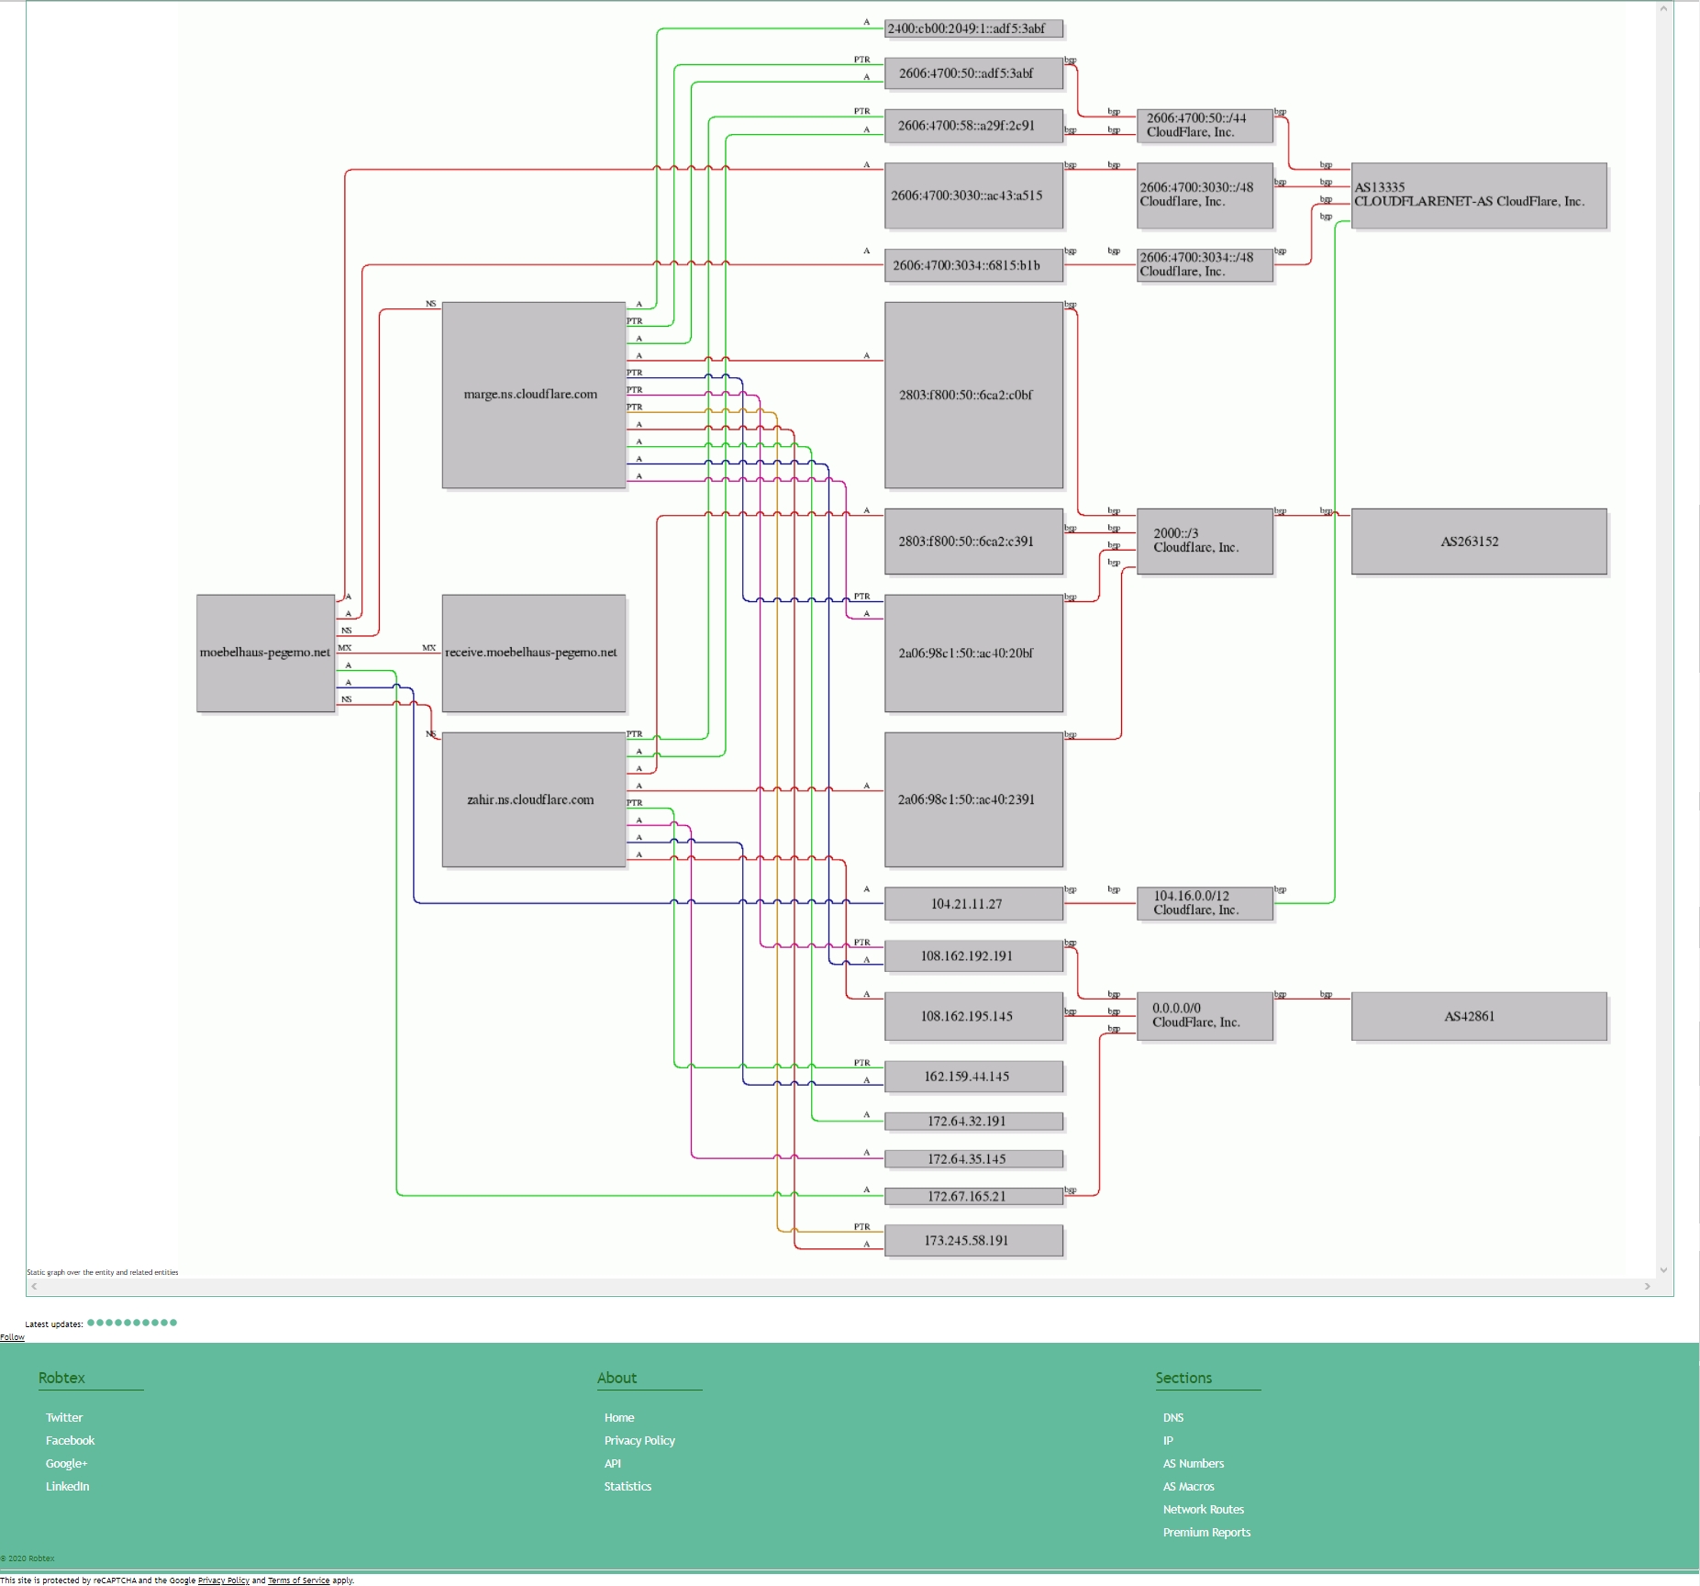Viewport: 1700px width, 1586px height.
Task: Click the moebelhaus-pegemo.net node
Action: (265, 653)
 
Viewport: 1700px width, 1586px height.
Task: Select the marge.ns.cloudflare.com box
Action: (533, 395)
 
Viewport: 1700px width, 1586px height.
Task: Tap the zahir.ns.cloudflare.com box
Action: (533, 799)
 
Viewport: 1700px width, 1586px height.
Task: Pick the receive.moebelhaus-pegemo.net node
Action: (533, 653)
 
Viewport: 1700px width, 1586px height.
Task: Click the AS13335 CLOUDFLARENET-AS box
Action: (1478, 195)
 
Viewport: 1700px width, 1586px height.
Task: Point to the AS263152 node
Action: (1478, 542)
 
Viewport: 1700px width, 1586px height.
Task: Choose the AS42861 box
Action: (1478, 1016)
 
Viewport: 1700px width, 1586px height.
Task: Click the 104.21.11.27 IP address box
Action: (972, 904)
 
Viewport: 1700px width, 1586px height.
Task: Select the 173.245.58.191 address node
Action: (972, 1241)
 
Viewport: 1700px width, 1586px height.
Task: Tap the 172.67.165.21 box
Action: (972, 1197)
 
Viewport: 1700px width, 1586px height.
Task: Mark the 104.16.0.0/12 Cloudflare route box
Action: (1204, 903)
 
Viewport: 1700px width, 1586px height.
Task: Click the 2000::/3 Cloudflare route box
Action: (1204, 541)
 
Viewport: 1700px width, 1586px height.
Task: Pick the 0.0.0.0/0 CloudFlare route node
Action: (1204, 1015)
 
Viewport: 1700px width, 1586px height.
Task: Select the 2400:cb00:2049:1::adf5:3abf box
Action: (972, 28)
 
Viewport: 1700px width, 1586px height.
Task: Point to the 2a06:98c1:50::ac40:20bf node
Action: (972, 653)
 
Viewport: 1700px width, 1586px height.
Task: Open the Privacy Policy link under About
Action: (639, 1441)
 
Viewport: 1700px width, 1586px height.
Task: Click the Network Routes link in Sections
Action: (1203, 1510)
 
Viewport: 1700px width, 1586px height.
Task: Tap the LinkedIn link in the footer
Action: (68, 1487)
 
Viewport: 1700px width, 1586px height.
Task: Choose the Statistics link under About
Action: (628, 1487)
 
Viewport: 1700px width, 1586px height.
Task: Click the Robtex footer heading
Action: (61, 1378)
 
